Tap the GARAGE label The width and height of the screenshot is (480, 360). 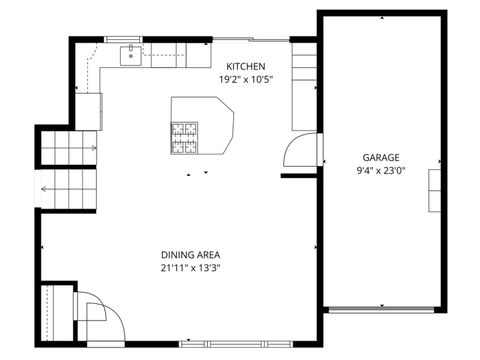point(381,158)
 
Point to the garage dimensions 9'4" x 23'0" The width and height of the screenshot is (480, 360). point(381,171)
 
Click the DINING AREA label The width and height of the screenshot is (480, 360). point(187,255)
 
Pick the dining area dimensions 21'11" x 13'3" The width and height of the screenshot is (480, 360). point(187,268)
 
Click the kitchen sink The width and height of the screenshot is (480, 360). point(130,56)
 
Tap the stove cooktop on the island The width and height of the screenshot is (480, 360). point(185,139)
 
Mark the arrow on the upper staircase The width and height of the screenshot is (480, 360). point(92,148)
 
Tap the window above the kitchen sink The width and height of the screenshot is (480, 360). point(130,41)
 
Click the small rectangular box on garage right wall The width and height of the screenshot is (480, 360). point(434,189)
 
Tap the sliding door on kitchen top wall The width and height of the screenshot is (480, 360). point(250,41)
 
